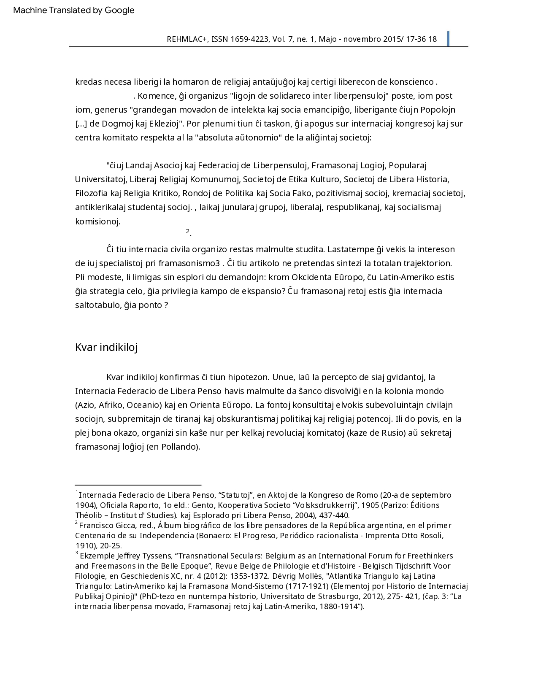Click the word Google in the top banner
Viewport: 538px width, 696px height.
(119, 11)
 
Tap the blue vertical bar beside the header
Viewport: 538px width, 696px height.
(448, 39)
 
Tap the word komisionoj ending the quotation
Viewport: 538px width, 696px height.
(97, 221)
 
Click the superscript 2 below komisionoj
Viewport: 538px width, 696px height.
(187, 231)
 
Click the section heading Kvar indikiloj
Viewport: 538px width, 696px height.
(106, 347)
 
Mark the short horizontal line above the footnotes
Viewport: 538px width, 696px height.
(138, 486)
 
